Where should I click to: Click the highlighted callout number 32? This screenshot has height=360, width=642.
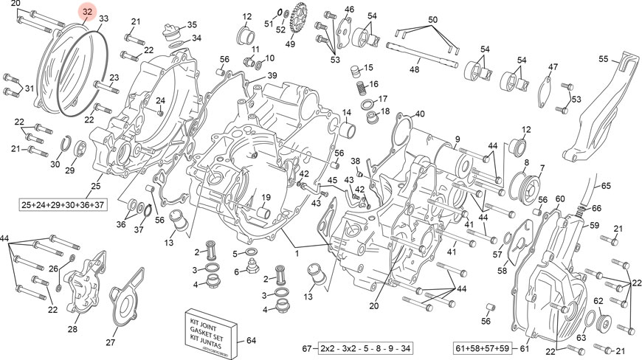coord(87,12)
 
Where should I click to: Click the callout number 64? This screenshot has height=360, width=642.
coord(251,340)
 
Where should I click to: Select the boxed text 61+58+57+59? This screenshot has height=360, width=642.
coord(482,348)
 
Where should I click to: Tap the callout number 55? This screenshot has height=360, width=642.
coord(603,58)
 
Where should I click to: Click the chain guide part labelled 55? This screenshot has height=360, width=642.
coord(601,111)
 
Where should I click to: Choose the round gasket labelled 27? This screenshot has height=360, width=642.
coord(131,302)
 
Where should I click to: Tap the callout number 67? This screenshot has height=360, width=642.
coord(307,348)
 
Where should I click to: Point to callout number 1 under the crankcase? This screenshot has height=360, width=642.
coord(297,253)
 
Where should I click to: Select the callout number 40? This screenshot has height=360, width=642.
coord(420,114)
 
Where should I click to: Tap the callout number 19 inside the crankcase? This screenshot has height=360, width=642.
coord(266,197)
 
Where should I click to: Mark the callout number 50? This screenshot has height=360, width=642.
coord(433,19)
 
